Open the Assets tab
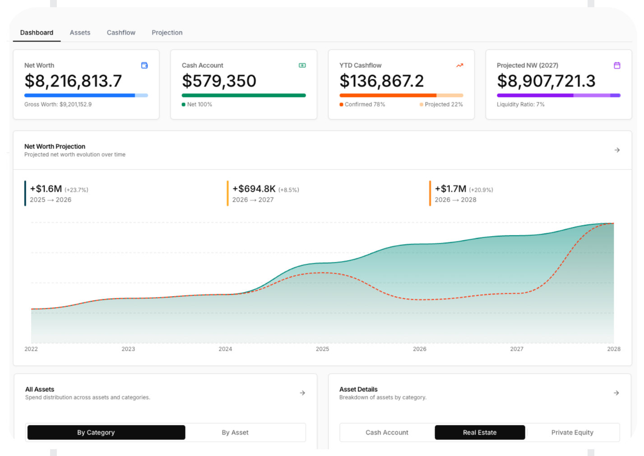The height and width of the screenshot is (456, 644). [x=80, y=33]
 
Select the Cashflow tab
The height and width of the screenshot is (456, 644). [x=121, y=33]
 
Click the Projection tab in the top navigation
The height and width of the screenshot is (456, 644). [x=167, y=33]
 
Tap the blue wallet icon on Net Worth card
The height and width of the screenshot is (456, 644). [x=144, y=65]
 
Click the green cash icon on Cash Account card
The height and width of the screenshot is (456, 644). [x=302, y=65]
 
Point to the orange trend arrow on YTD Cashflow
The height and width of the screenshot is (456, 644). [x=460, y=65]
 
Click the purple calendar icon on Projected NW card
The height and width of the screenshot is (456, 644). [x=617, y=65]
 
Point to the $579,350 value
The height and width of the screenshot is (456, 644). [x=219, y=81]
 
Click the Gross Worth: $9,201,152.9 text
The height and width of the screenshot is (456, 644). [x=58, y=104]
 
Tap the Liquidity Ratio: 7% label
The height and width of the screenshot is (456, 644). [x=521, y=104]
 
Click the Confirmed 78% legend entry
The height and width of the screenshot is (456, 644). [x=362, y=104]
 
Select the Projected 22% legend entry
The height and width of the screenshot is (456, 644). [x=441, y=104]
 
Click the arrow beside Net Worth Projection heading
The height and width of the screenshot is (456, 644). [x=617, y=150]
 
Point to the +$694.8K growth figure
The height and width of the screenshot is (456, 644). [x=254, y=189]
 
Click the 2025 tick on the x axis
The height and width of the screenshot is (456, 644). [x=322, y=349]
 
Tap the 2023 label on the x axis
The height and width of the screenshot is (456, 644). [x=128, y=349]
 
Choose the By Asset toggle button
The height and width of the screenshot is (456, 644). [x=235, y=433]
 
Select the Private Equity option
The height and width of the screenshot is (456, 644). [x=572, y=433]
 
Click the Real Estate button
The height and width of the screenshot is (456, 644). [x=480, y=433]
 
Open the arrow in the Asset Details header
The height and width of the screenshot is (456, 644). [x=616, y=393]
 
